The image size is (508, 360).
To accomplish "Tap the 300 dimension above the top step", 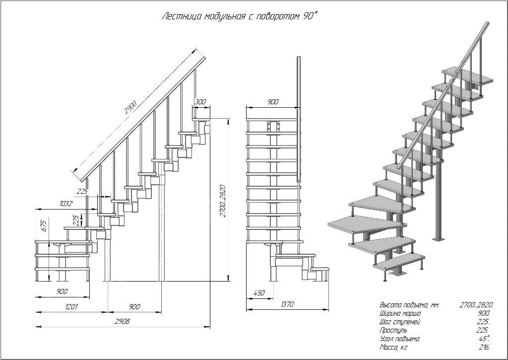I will pos(200,102).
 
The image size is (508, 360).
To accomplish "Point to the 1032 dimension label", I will pos(66,204).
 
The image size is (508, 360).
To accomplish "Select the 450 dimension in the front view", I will pos(258,293).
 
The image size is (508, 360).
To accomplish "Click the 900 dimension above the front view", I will pos(272,102).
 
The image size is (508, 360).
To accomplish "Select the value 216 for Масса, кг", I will pos(485,347).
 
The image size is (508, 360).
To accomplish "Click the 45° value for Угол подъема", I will pos(485,339).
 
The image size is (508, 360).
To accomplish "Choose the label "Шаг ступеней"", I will pos(400,322).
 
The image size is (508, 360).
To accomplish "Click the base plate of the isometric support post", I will pos(438,240).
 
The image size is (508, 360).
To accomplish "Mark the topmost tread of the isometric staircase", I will pos(467,75).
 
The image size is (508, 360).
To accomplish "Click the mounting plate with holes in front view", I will pos(272,127).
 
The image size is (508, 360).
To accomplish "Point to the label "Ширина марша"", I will pos(400,313).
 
